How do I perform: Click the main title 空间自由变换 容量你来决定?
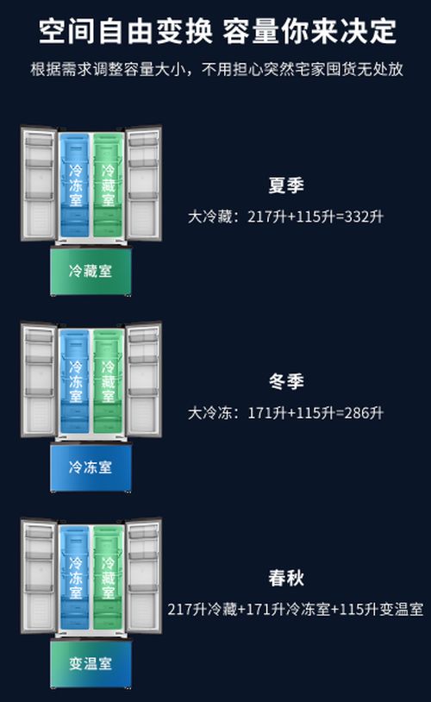(217, 31)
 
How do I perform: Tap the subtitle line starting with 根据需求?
(217, 69)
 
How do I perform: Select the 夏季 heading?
(286, 185)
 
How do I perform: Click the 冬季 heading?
(286, 381)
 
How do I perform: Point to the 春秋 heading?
(286, 578)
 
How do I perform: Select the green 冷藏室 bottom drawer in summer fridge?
(91, 271)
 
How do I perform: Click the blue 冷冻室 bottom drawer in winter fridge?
(91, 467)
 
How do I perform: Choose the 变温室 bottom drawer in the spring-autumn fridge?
(91, 663)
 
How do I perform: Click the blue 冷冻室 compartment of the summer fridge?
(75, 185)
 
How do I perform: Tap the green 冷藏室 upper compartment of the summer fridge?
(108, 185)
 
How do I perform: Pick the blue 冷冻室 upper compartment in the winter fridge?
(75, 381)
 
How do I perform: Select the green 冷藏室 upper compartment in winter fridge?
(108, 381)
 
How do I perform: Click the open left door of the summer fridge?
(39, 184)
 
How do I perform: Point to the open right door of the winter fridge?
(143, 379)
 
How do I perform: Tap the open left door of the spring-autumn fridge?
(39, 576)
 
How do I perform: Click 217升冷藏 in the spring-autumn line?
(203, 610)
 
